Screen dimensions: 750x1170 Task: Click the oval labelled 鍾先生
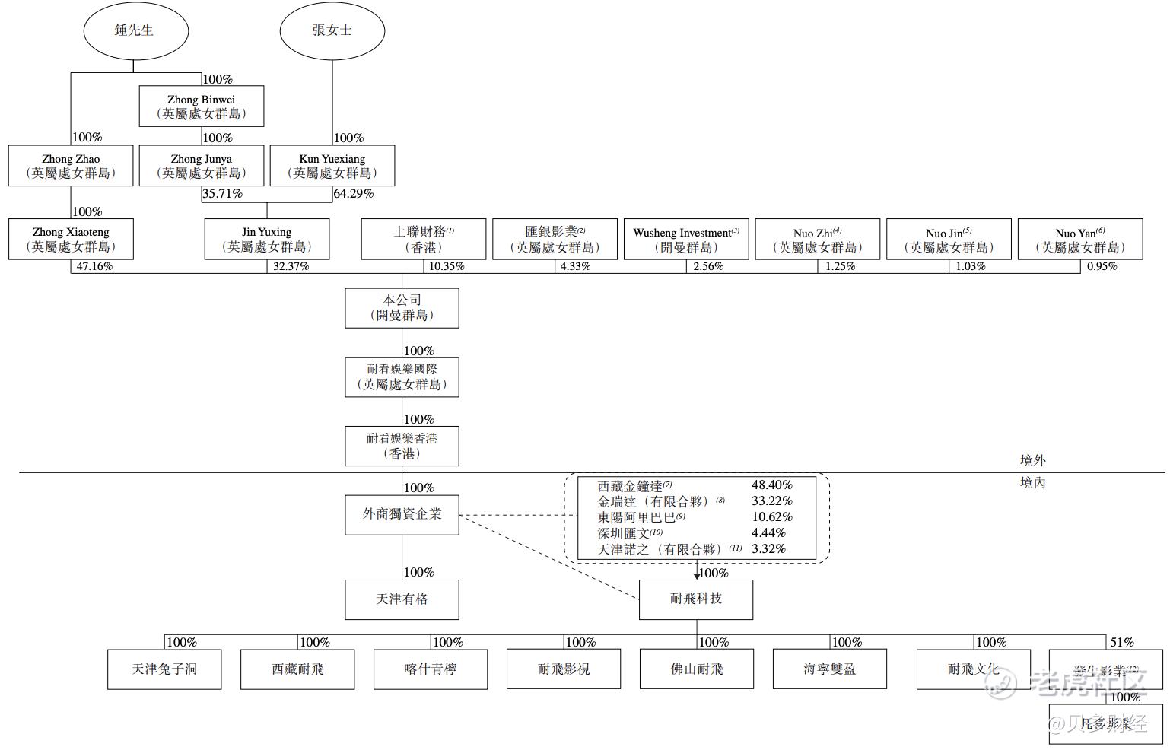[135, 30]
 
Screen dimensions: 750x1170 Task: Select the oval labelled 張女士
[332, 30]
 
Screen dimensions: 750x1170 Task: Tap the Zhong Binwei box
[202, 106]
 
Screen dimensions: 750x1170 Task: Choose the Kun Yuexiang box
[332, 166]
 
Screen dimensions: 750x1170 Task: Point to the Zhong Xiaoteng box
[71, 240]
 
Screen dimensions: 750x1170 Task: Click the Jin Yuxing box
[267, 240]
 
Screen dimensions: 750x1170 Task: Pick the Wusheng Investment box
[686, 240]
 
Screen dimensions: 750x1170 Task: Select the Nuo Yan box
[1080, 240]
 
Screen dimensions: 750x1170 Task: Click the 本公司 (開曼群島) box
[402, 308]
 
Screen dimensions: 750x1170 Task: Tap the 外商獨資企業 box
[402, 514]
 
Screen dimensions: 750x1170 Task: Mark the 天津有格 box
[402, 599]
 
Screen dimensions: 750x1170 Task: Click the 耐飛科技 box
[696, 599]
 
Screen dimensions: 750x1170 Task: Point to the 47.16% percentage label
[94, 267]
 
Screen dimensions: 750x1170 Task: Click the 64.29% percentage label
[354, 194]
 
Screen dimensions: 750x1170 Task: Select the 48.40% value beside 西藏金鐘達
[771, 485]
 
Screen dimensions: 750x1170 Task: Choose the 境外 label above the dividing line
[1032, 460]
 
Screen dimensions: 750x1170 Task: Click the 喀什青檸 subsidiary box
[431, 669]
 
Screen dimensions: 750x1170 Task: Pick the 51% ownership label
[1122, 643]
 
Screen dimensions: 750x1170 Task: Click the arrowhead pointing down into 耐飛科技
[696, 576]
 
